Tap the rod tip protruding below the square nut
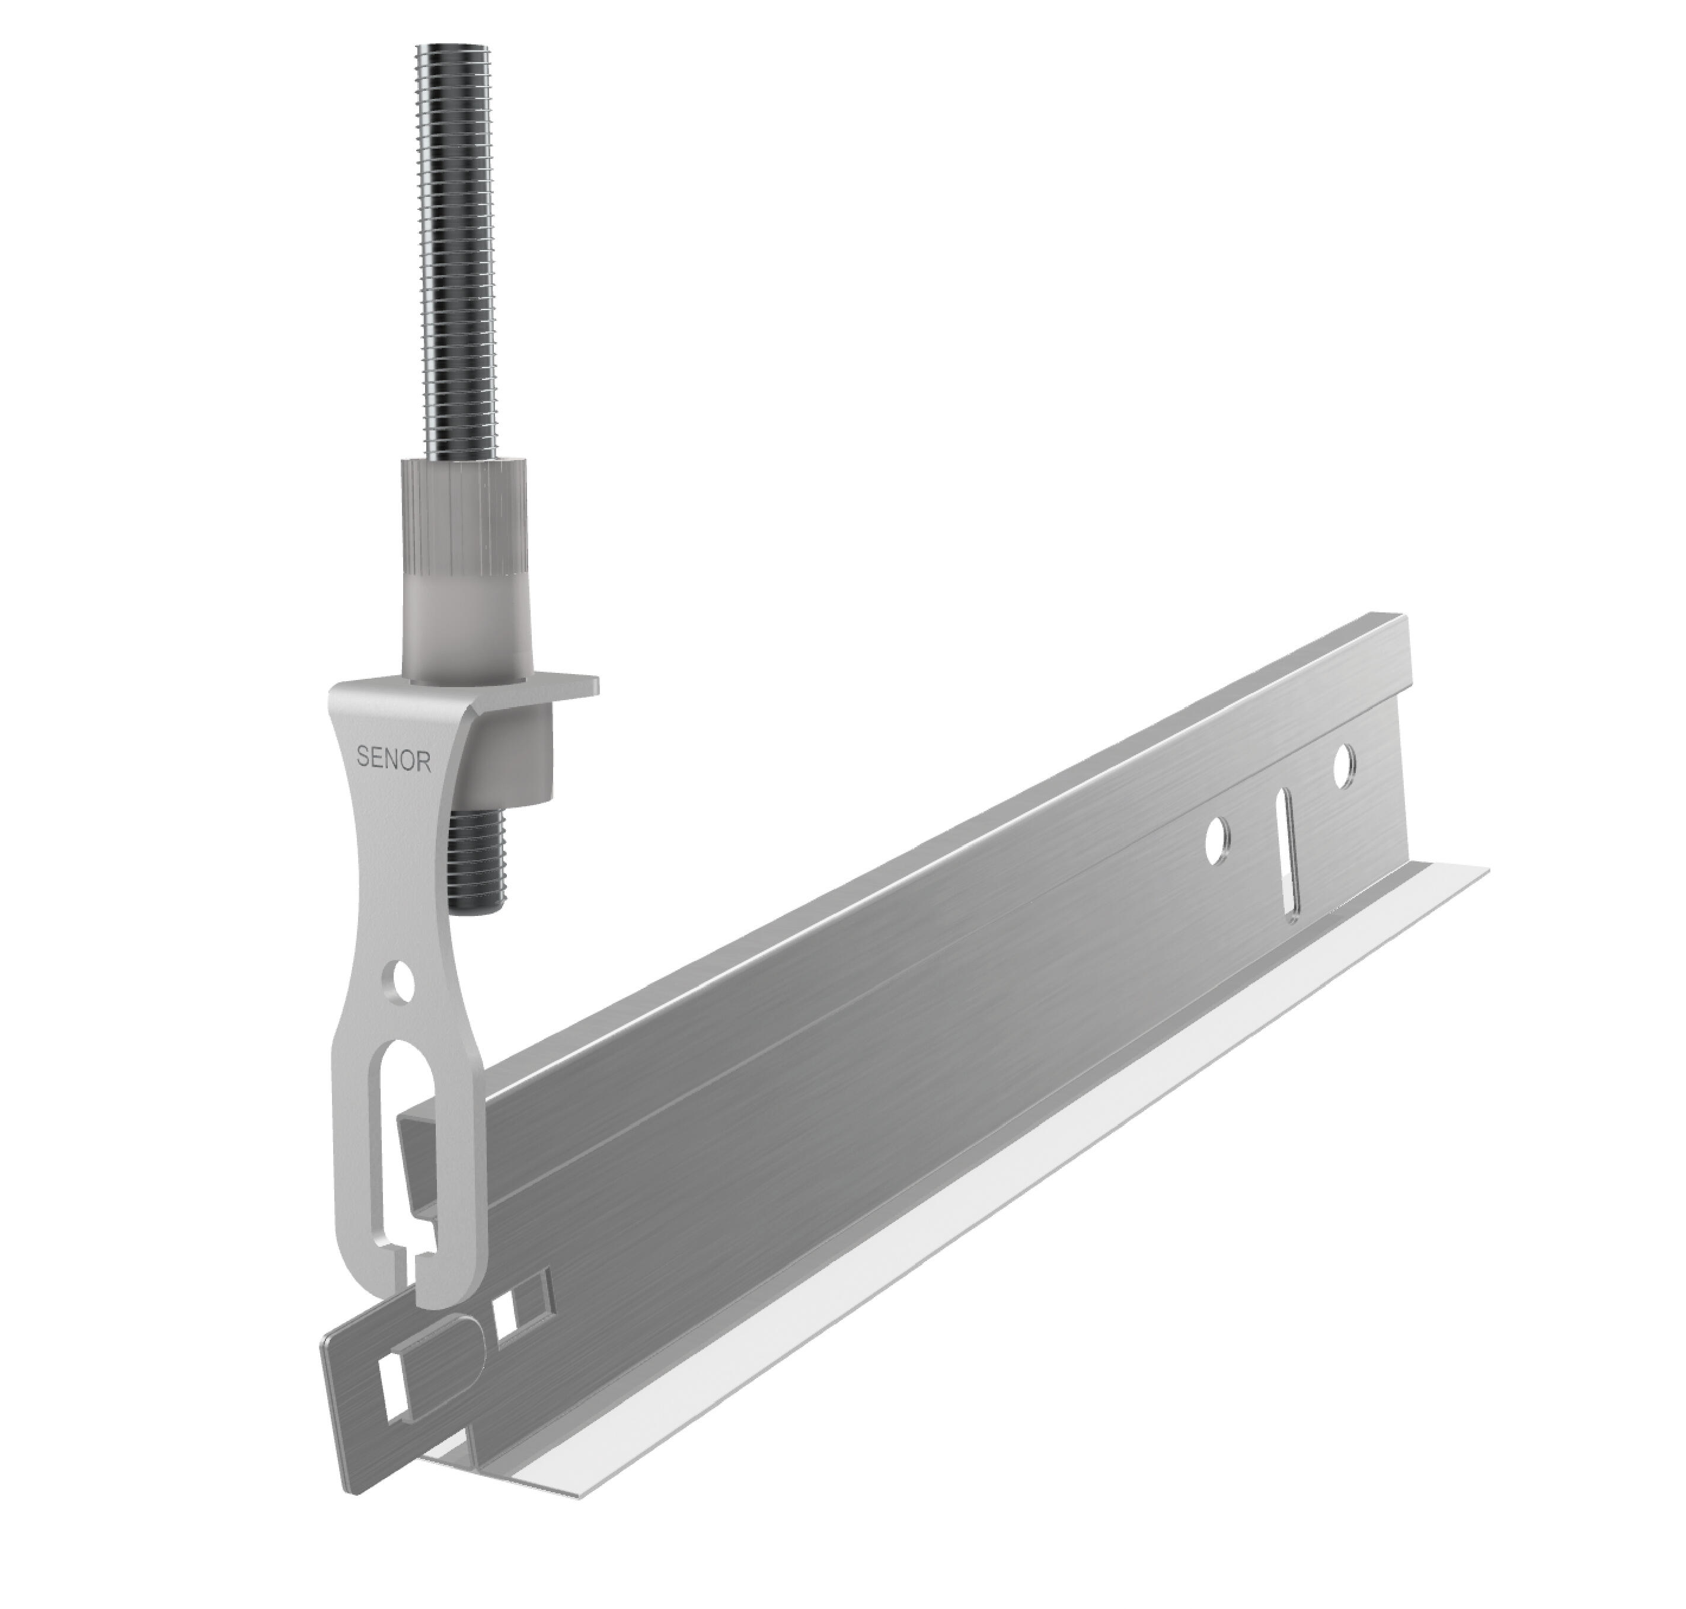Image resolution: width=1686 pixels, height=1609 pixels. (482, 866)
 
